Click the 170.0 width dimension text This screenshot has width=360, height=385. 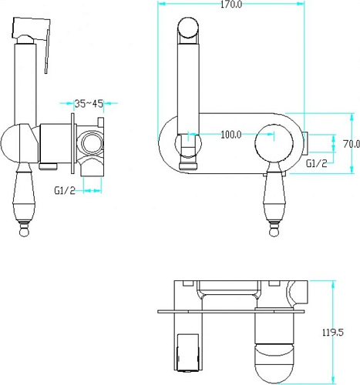click(x=231, y=5)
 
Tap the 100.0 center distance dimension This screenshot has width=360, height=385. click(x=231, y=134)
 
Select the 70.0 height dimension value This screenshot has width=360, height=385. click(x=352, y=144)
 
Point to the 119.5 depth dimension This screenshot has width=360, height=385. click(x=333, y=333)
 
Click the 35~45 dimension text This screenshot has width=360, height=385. click(x=89, y=104)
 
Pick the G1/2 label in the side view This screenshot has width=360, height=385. click(x=65, y=190)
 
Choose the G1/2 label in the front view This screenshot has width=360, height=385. click(x=317, y=163)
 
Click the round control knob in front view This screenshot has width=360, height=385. click(x=274, y=144)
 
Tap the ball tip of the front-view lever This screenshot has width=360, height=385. click(x=274, y=233)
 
